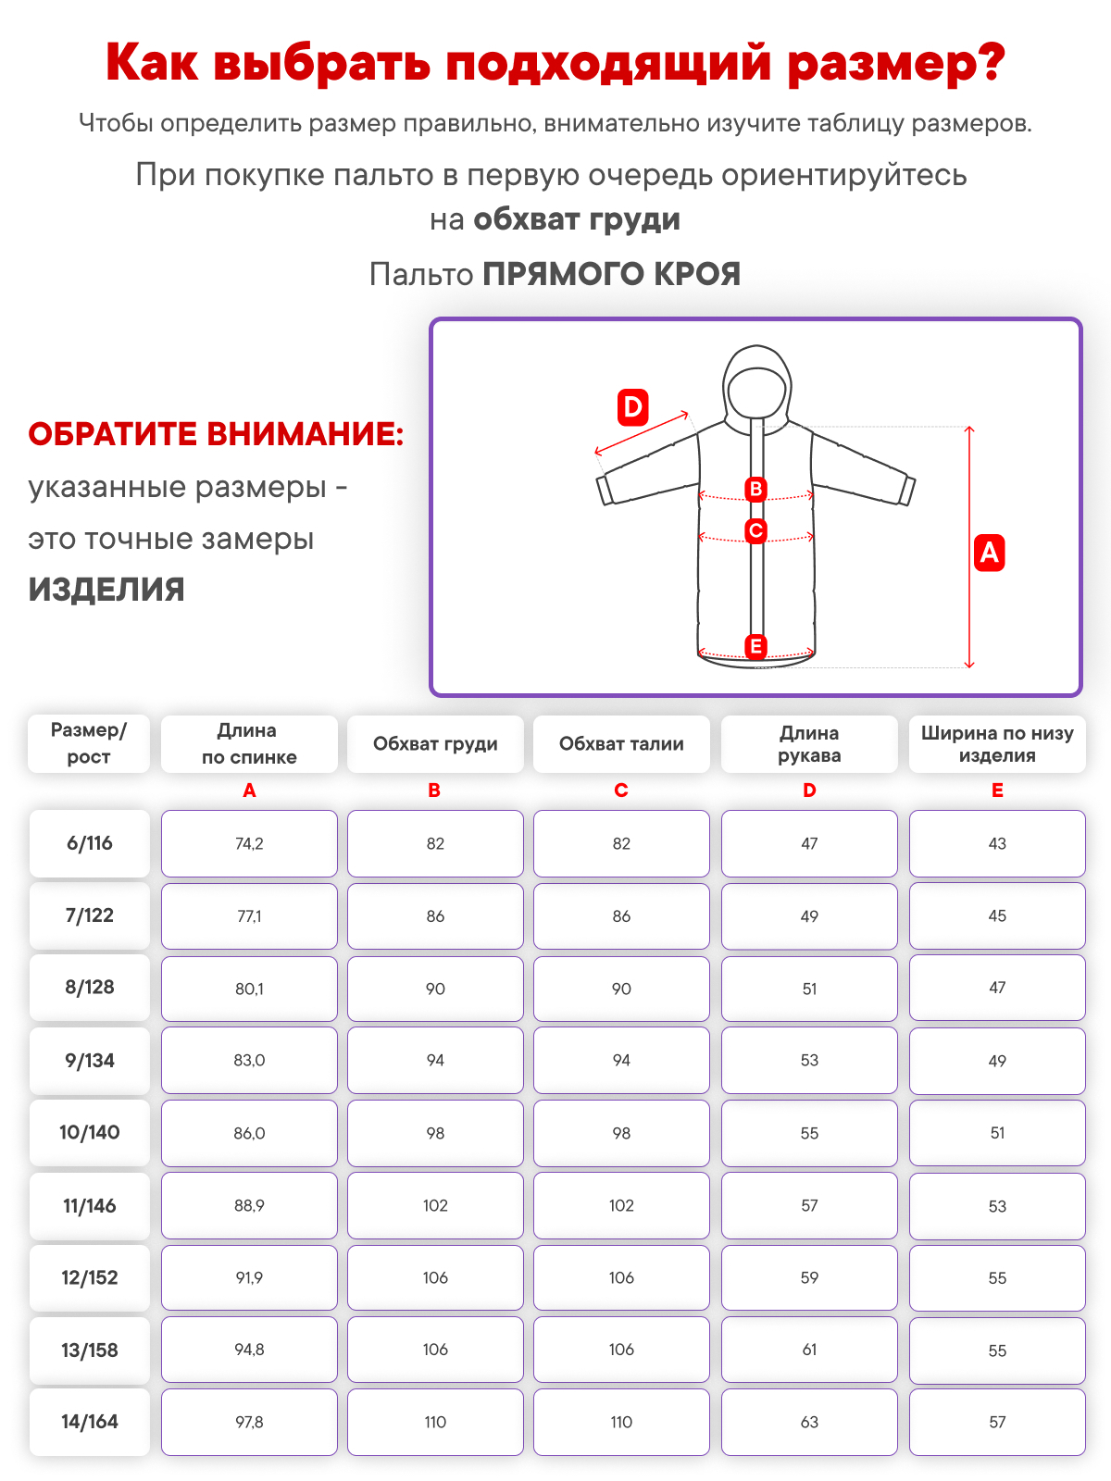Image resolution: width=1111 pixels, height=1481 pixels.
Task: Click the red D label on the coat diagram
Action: point(632,407)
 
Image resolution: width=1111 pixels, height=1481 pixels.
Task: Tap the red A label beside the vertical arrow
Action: point(989,553)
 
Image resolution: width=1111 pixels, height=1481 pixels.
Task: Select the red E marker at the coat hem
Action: point(755,646)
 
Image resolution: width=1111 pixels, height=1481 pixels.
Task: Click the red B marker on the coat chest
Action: point(755,489)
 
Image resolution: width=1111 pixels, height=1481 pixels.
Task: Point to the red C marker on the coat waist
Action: point(755,530)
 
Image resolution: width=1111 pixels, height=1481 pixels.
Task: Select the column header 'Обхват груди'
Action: point(435,744)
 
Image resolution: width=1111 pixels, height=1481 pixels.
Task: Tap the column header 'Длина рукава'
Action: point(809,744)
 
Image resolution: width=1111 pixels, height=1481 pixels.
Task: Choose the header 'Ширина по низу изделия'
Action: point(997,744)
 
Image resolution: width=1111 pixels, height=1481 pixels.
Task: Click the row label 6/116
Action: point(90,843)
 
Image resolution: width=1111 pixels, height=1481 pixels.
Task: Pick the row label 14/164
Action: point(90,1422)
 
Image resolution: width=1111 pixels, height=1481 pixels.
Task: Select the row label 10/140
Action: point(90,1132)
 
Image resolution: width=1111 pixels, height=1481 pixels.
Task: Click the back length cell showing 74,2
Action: point(249,843)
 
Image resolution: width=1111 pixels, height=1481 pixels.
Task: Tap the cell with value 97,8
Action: point(249,1422)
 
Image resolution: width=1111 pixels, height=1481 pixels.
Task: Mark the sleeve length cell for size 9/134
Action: point(809,1060)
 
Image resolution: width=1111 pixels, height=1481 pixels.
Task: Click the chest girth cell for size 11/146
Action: point(435,1205)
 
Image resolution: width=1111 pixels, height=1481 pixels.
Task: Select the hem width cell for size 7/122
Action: point(997,915)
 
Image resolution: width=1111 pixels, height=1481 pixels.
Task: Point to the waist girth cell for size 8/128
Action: point(621,989)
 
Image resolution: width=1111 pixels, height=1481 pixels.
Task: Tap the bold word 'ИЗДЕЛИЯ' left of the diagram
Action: point(106,590)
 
